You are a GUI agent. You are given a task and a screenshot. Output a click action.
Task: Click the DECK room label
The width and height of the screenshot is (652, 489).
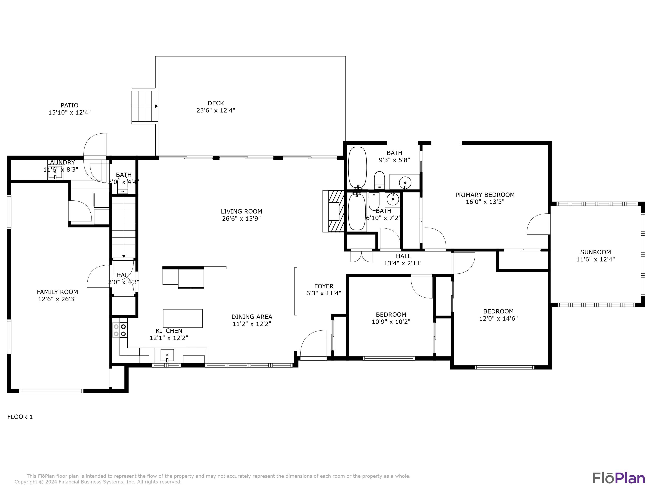pos(216,103)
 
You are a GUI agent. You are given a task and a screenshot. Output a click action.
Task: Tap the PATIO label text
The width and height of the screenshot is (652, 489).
pos(70,105)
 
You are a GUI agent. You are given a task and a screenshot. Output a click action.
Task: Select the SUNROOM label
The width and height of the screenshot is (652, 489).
pos(595,252)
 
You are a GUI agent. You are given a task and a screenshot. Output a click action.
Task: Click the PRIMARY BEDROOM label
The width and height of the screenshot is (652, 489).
pos(485,195)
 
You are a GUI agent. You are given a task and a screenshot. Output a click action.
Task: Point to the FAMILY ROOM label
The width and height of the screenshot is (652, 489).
pos(57,292)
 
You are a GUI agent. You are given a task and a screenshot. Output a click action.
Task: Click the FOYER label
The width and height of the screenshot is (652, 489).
pos(324,286)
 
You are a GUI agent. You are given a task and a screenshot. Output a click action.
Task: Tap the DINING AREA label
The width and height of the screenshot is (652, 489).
pos(252,317)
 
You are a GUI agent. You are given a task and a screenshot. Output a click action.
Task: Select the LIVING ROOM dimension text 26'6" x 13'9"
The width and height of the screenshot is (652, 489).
pos(241,218)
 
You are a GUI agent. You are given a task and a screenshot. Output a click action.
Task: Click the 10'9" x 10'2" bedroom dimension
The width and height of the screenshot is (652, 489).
pos(391,322)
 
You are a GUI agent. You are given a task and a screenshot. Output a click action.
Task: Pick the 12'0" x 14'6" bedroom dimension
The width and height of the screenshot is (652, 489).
pos(498,318)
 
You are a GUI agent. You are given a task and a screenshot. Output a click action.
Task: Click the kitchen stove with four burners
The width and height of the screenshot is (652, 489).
pos(120,330)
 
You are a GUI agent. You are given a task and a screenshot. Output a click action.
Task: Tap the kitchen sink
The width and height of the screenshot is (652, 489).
pos(167,355)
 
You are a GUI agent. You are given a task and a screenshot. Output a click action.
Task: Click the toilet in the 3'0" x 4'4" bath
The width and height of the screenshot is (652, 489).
pos(123,185)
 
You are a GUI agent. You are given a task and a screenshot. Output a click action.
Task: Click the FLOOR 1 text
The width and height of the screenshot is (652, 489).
pos(20,417)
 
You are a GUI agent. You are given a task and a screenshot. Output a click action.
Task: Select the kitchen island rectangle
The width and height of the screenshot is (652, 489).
pos(183,318)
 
